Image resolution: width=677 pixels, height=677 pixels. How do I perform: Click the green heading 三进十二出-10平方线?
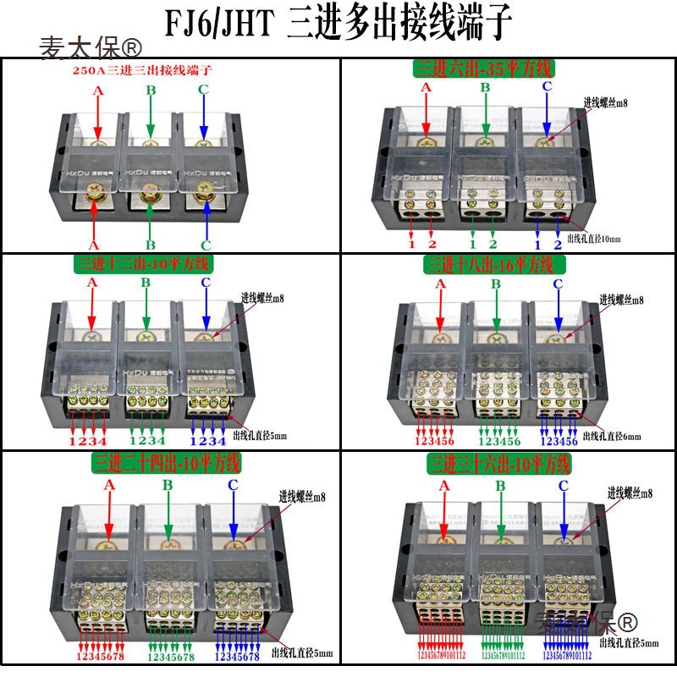coord(144,263)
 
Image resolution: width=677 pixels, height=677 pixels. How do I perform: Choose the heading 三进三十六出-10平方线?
coord(499,464)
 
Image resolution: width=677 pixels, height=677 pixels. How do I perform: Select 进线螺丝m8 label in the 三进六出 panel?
coord(606,103)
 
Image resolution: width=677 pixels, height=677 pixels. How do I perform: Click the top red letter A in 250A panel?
coord(98,90)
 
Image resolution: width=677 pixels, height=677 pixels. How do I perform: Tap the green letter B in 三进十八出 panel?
coord(497,284)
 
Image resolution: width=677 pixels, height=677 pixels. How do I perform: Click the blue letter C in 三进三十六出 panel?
coord(563,486)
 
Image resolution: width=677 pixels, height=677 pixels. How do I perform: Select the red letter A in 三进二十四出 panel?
coord(108,485)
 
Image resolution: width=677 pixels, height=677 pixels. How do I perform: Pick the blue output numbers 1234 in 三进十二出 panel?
coord(207,440)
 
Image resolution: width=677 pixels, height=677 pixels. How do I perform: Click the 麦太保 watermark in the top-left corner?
coord(91,47)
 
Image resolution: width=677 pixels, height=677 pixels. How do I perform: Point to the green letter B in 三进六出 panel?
coord(486,87)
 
